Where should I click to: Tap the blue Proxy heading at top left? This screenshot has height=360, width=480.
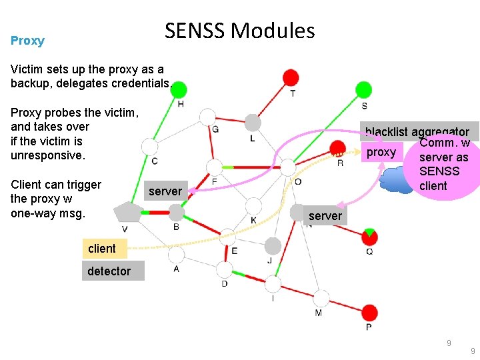click(27, 41)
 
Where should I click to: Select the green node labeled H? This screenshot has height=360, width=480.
click(179, 89)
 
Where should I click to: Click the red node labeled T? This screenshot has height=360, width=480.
click(291, 77)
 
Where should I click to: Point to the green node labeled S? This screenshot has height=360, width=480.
click(363, 89)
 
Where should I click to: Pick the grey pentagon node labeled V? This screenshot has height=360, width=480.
click(126, 213)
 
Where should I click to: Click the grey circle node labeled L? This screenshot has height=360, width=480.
click(252, 123)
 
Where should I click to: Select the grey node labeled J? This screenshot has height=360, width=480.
click(273, 246)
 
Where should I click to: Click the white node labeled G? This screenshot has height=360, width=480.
click(208, 117)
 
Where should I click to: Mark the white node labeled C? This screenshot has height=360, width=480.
click(150, 147)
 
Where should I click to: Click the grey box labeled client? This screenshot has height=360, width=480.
click(101, 249)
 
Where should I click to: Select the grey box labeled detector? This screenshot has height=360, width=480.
click(109, 271)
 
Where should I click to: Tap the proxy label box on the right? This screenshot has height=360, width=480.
click(381, 152)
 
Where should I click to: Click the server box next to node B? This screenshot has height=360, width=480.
click(165, 191)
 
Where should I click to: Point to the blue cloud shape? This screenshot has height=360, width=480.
click(398, 180)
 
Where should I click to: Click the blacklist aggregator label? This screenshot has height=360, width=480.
click(417, 133)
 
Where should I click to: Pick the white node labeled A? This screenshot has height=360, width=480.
click(176, 255)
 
